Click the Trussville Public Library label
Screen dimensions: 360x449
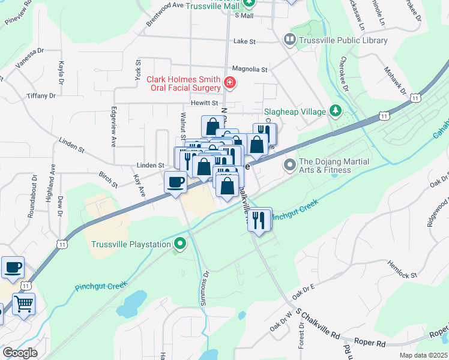tap(343, 40)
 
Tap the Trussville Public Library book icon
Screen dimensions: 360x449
tap(290, 40)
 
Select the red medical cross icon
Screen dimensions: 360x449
tap(229, 83)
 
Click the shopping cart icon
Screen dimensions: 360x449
tap(23, 303)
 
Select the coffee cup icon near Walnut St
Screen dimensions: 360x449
tap(176, 181)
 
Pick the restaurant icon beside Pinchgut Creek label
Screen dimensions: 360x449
tap(259, 219)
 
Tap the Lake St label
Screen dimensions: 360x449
tap(244, 42)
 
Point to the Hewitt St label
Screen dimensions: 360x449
tap(204, 103)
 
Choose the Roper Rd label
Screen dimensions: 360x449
tap(373, 344)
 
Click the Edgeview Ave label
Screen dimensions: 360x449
tap(113, 127)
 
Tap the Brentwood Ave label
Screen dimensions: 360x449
tap(165, 13)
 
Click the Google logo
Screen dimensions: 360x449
tap(20, 353)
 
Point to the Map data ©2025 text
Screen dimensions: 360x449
tap(423, 355)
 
